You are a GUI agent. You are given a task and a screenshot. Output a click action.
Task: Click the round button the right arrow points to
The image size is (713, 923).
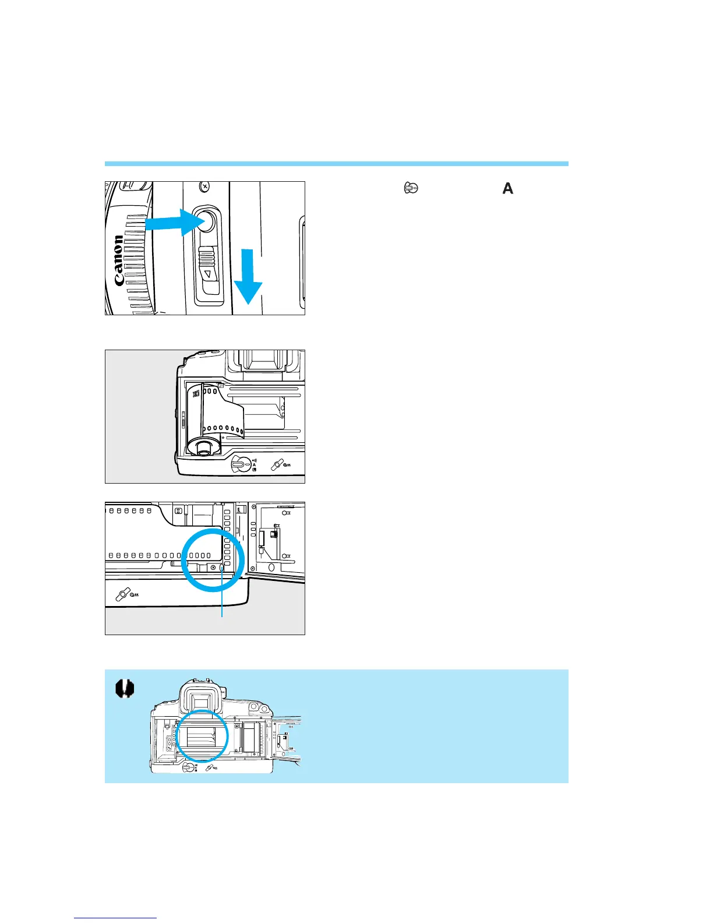click(204, 221)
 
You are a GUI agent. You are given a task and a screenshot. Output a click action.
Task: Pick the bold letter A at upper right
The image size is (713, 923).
click(508, 188)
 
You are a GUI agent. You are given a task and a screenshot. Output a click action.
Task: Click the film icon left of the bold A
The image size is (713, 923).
click(411, 188)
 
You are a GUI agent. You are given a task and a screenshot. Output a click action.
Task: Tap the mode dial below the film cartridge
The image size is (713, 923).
click(239, 464)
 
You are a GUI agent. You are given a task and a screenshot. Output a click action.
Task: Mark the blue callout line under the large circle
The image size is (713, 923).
click(222, 600)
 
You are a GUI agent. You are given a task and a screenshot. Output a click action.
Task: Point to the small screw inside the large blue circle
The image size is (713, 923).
click(213, 567)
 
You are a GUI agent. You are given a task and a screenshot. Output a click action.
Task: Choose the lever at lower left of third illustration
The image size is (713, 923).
click(123, 594)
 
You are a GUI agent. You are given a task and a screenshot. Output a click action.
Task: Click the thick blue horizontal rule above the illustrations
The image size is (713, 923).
click(336, 164)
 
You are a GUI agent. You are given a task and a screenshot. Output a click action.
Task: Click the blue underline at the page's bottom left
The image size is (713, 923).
click(115, 918)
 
